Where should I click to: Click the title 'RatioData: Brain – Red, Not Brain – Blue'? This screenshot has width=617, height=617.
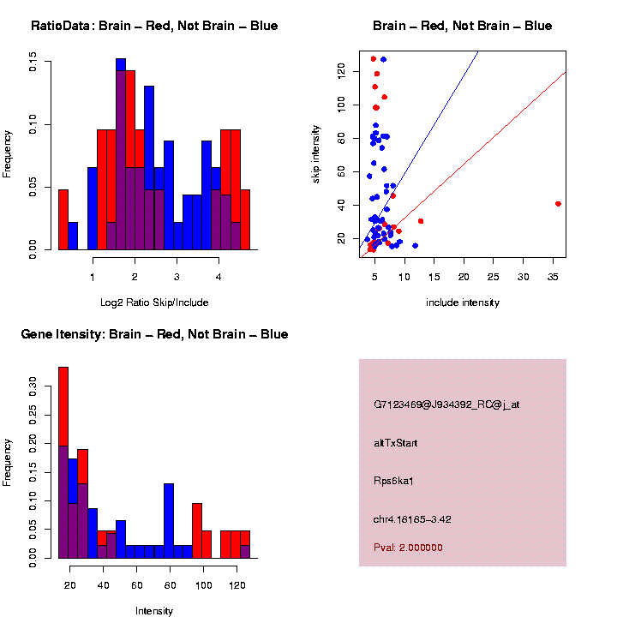[154, 26]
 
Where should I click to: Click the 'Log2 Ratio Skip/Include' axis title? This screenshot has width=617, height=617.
[154, 302]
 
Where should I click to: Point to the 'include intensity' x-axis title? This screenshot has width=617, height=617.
[463, 303]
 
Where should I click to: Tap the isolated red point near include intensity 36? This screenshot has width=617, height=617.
[559, 204]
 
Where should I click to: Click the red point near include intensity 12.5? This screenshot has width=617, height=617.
[421, 221]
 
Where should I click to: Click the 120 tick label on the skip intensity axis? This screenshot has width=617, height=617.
[342, 73]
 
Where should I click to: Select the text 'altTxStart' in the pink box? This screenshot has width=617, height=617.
[396, 443]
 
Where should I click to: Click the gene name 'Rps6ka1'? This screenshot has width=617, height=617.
[393, 481]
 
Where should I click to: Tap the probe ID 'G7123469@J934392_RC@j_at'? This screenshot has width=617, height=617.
[446, 404]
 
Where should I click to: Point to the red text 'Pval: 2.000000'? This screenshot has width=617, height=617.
[408, 548]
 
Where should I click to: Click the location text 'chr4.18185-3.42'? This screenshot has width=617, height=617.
[412, 519]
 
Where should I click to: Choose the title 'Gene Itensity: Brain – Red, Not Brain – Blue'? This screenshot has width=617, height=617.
[154, 334]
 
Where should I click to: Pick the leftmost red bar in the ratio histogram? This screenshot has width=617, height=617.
[63, 219]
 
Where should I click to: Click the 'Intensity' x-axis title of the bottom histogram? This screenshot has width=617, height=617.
[154, 611]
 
